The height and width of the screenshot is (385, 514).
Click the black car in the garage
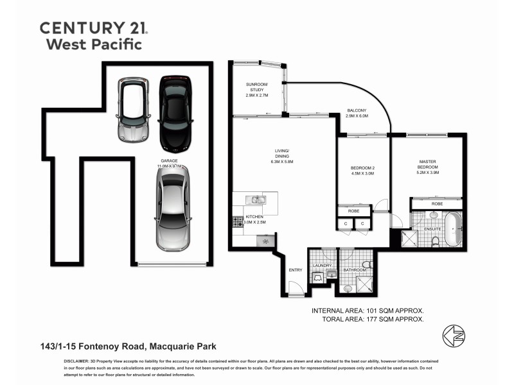[x=175, y=112]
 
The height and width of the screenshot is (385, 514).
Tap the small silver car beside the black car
[x=134, y=110]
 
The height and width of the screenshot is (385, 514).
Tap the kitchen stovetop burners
[x=237, y=222]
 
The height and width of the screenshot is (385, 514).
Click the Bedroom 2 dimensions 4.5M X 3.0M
[x=362, y=173]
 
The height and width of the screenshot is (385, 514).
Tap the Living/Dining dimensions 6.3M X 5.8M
[x=282, y=162]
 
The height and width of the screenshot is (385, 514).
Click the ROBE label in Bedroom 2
[x=353, y=210]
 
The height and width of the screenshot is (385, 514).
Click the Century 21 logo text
[x=94, y=28]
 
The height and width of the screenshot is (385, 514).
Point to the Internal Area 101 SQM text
[x=367, y=311]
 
